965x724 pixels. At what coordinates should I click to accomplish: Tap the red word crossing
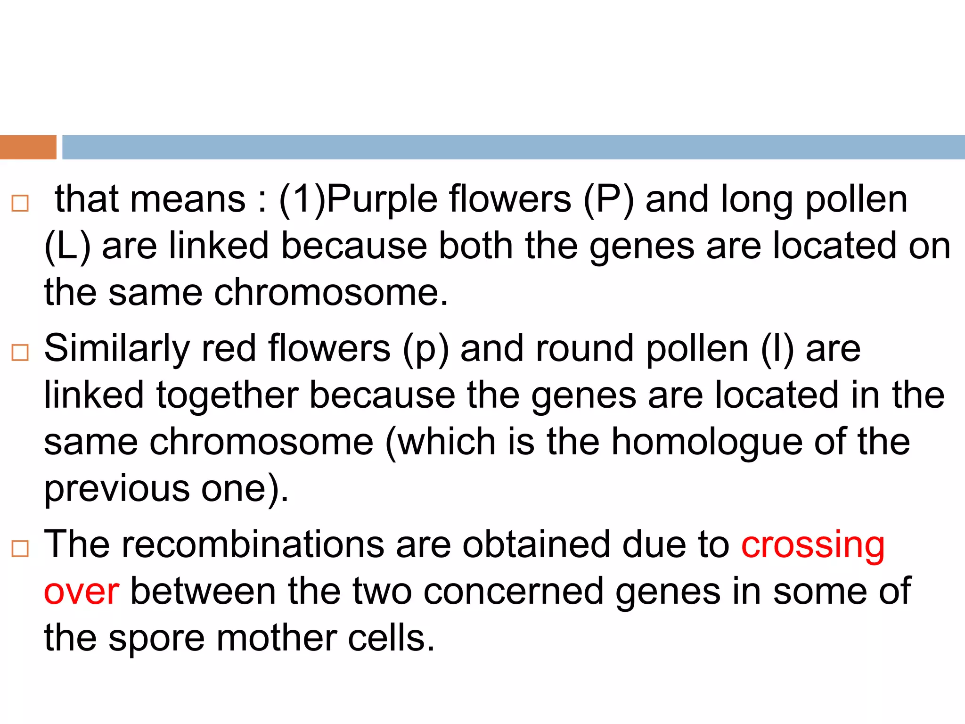pos(813,545)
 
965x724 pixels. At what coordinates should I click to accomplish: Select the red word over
pos(81,592)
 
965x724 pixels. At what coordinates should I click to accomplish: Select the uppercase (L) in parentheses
pos(67,247)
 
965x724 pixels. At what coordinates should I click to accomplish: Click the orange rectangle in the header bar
pos(28,147)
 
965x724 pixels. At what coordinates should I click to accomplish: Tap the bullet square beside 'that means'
pos(20,203)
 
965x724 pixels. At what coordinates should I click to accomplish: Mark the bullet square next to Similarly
pos(20,353)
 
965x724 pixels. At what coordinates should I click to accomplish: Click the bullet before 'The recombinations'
pos(20,549)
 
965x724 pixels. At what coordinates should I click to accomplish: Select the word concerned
pos(513,592)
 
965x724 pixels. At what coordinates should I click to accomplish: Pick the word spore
pos(156,639)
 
